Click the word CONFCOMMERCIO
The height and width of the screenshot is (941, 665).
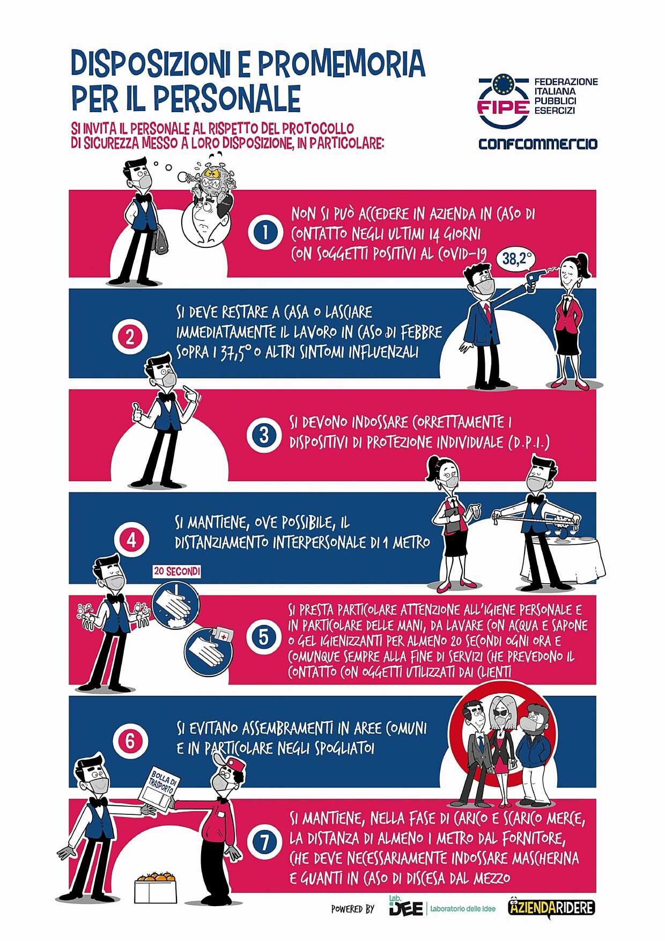coord(538,144)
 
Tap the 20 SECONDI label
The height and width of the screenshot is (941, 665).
coord(177,572)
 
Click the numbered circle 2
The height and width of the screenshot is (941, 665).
coord(129,337)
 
